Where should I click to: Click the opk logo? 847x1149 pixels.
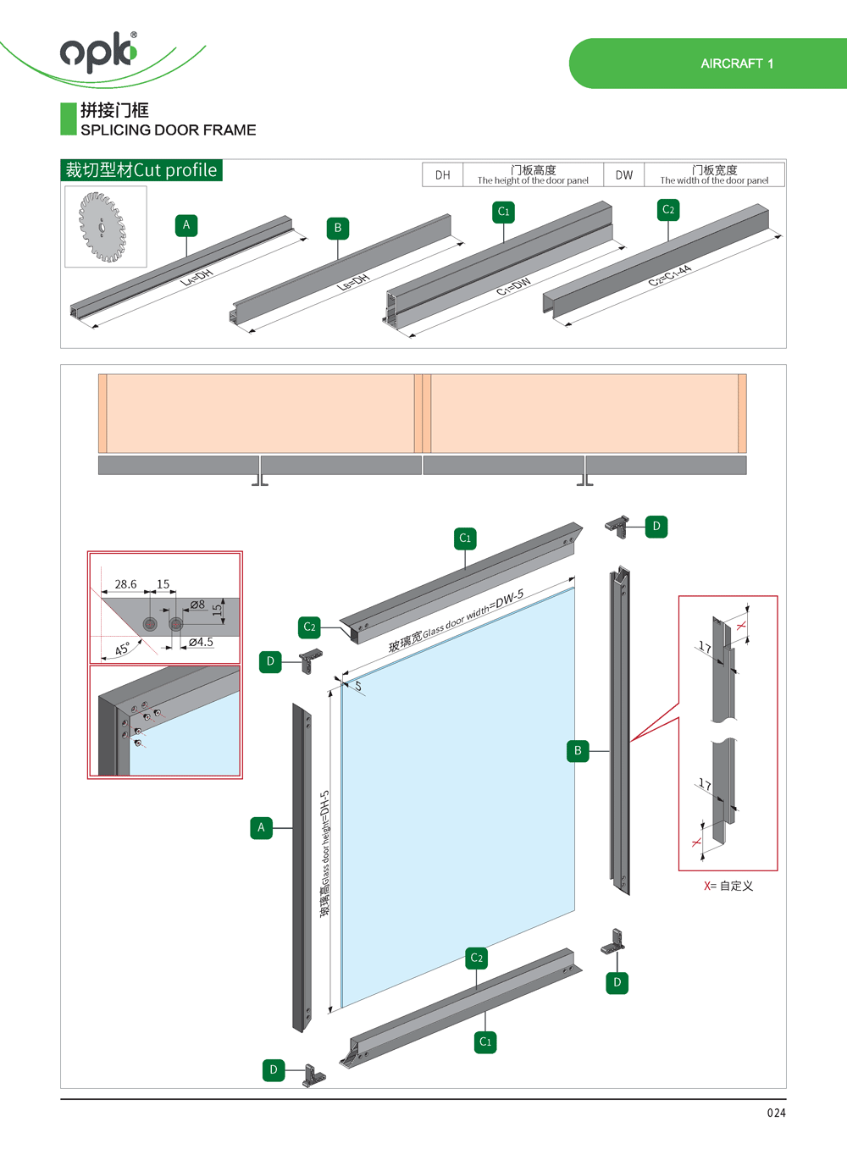point(98,52)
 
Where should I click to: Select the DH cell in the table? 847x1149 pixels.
point(443,175)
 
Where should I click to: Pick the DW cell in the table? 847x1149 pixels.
point(624,175)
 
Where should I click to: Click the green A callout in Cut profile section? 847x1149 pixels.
point(186,225)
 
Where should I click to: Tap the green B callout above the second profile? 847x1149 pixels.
point(338,228)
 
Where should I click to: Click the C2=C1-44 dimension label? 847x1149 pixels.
point(670,276)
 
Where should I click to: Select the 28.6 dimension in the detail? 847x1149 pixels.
point(125,584)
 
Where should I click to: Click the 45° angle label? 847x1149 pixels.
point(123,649)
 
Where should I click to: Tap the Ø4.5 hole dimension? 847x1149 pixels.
point(201,643)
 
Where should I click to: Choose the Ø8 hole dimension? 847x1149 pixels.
point(197,605)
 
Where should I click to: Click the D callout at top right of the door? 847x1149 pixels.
point(656,527)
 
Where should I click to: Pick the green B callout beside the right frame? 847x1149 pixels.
point(578,751)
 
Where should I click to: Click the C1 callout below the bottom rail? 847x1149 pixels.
point(485,1042)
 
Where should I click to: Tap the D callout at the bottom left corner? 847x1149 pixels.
point(274,1070)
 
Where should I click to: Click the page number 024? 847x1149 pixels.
point(776,1113)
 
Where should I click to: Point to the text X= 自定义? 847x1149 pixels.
point(728,886)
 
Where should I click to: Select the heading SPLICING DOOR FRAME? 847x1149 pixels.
point(168,130)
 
